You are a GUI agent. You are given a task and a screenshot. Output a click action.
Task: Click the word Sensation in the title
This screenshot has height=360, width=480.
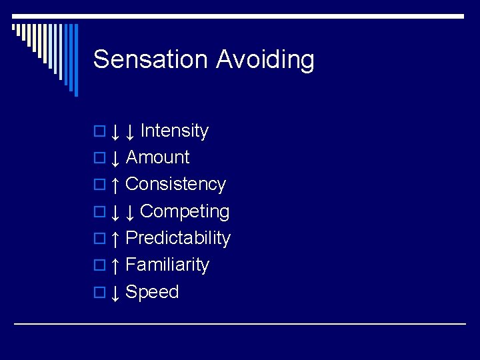pyautogui.click(x=151, y=59)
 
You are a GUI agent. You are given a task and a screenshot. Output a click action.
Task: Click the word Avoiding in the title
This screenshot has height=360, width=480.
pyautogui.click(x=265, y=60)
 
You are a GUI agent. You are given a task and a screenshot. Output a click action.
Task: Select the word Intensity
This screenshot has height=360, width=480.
pyautogui.click(x=175, y=131)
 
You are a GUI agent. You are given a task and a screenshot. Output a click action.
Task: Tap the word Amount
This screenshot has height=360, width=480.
pyautogui.click(x=157, y=157)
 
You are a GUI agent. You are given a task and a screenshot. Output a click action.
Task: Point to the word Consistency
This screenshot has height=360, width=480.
pyautogui.click(x=175, y=184)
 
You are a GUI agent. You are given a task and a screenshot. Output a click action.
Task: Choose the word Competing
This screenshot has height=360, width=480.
pyautogui.click(x=185, y=211)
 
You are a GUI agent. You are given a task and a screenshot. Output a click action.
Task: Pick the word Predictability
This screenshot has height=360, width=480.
pyautogui.click(x=177, y=238)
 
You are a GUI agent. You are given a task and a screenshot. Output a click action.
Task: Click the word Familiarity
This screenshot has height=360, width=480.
pyautogui.click(x=167, y=265)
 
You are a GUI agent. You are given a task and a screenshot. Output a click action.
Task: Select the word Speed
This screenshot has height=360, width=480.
pyautogui.click(x=152, y=292)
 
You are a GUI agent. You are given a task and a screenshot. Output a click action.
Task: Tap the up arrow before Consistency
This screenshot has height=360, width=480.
pyautogui.click(x=115, y=185)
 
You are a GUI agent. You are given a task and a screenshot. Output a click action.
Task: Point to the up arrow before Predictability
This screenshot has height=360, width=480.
pyautogui.click(x=115, y=239)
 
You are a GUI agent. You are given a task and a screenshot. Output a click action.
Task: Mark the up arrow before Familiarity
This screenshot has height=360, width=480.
pyautogui.click(x=115, y=265)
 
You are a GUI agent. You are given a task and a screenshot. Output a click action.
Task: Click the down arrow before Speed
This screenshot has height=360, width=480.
pyautogui.click(x=115, y=293)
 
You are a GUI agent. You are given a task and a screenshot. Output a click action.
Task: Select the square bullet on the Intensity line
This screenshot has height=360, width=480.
pyautogui.click(x=99, y=132)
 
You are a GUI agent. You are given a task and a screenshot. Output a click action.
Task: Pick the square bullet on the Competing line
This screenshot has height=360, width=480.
pyautogui.click(x=99, y=213)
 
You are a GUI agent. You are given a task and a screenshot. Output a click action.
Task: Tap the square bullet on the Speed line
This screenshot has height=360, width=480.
pyautogui.click(x=99, y=293)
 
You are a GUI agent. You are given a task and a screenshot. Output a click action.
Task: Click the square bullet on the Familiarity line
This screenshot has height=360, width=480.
pyautogui.click(x=99, y=266)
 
